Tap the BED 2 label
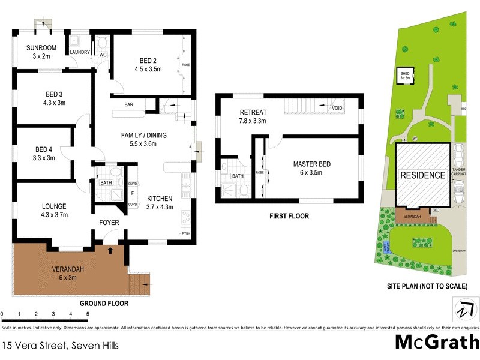148,61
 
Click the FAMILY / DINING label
143,136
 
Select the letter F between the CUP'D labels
132,194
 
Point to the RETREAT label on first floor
253,112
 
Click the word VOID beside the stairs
337,108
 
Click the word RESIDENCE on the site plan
423,175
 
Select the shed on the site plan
405,75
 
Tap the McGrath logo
436,343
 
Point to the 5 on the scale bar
88,314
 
